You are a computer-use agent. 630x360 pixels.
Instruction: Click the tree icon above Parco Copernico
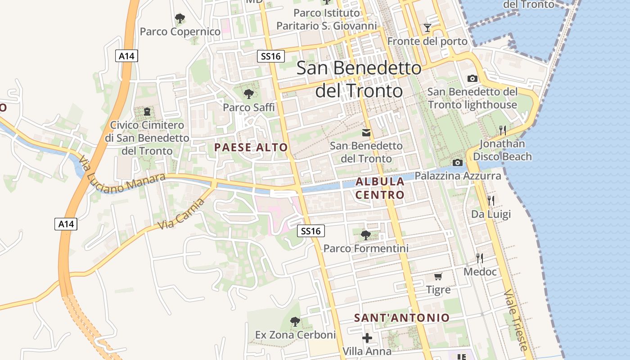tap(180, 18)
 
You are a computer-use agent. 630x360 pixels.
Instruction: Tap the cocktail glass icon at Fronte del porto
tap(427, 28)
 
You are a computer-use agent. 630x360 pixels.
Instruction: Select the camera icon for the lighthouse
tap(472, 78)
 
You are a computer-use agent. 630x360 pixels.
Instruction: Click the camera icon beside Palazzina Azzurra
tap(457, 162)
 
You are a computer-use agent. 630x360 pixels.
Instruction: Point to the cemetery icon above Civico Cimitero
tap(147, 111)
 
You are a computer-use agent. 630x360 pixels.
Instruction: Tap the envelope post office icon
tap(366, 132)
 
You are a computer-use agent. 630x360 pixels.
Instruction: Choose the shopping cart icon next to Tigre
tap(438, 276)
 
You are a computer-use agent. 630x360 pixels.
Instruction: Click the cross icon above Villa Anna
tap(367, 337)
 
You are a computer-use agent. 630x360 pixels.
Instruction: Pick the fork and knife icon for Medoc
tap(480, 258)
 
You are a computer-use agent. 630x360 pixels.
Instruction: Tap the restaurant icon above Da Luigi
tap(490, 200)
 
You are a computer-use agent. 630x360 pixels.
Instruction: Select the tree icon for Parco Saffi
tap(248, 94)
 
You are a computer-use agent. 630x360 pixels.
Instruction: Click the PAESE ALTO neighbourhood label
tap(251, 147)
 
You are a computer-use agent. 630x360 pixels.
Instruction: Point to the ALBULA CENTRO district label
tap(380, 188)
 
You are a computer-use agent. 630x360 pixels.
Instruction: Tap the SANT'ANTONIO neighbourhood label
tap(402, 318)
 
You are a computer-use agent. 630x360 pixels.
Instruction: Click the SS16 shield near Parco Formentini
tap(311, 231)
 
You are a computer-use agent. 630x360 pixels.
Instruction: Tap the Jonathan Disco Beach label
tap(502, 150)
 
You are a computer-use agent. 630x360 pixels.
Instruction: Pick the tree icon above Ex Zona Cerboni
tap(295, 321)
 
